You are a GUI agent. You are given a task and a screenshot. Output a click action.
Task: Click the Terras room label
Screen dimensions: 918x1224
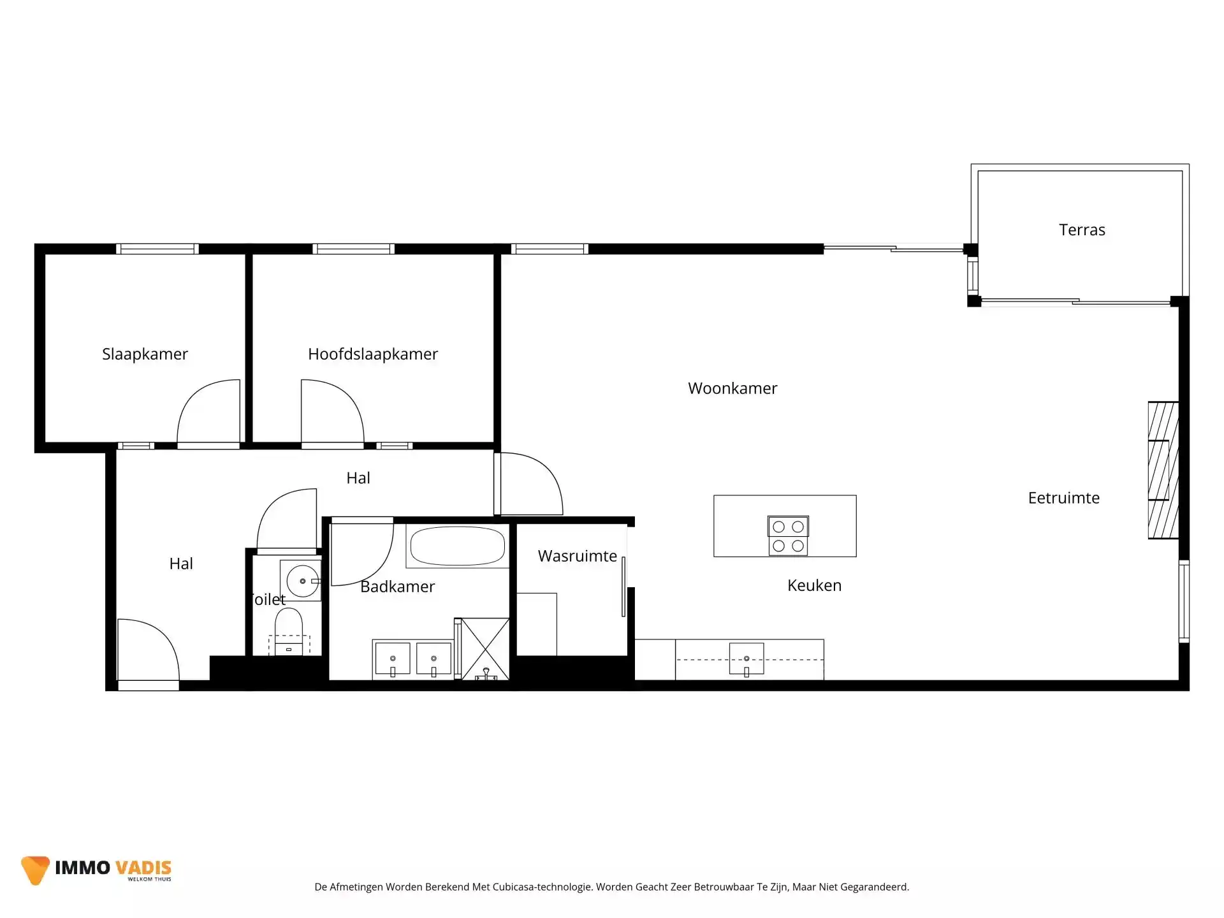1082,230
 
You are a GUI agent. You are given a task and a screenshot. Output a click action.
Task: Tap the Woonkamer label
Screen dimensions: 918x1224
732,388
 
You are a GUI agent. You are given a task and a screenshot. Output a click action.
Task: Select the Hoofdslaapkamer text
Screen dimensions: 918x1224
373,354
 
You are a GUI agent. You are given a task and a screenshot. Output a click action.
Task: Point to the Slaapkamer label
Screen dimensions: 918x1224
145,354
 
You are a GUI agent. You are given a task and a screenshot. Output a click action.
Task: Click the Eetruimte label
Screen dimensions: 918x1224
1063,498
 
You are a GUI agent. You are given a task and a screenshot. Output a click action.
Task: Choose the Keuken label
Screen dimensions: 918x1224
814,585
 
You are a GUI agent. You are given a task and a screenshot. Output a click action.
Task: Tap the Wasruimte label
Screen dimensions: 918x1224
577,556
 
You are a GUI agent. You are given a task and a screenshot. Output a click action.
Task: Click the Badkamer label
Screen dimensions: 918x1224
397,586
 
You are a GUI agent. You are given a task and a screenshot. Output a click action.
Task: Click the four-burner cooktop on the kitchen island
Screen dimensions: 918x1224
788,535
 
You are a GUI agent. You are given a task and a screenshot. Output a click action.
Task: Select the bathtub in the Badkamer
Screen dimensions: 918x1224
457,546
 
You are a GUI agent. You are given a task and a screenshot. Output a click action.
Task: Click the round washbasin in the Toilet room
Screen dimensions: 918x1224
302,581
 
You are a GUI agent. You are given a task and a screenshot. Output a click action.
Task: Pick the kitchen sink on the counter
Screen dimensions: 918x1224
747,659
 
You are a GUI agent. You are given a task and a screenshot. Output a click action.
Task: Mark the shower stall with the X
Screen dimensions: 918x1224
485,648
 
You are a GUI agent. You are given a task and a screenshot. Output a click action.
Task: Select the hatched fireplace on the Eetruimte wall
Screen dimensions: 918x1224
1163,470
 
